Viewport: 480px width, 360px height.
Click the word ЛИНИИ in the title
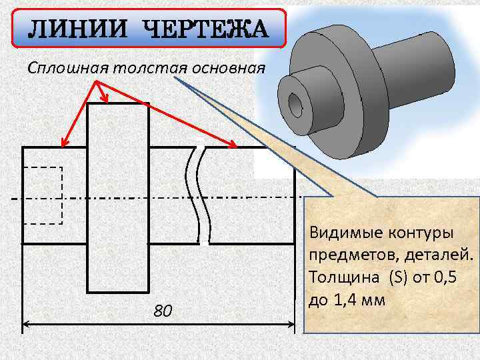point(73,30)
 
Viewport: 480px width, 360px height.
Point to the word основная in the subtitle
point(229,68)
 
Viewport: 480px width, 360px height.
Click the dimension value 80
point(163,311)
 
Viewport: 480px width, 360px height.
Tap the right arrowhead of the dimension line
point(291,326)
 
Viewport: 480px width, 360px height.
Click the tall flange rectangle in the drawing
point(118,198)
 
